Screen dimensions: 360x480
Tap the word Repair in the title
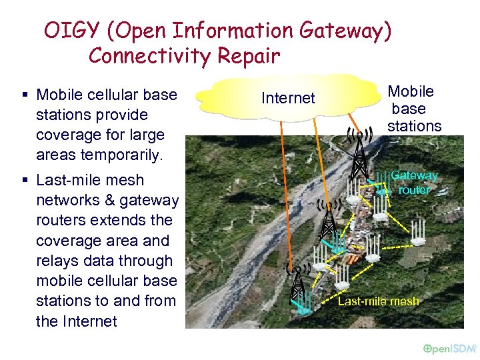click(x=249, y=56)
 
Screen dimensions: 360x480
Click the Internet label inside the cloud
click(x=288, y=98)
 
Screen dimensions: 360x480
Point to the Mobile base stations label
click(x=413, y=109)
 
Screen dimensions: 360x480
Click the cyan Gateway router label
click(x=414, y=183)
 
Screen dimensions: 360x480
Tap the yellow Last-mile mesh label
click(x=379, y=301)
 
